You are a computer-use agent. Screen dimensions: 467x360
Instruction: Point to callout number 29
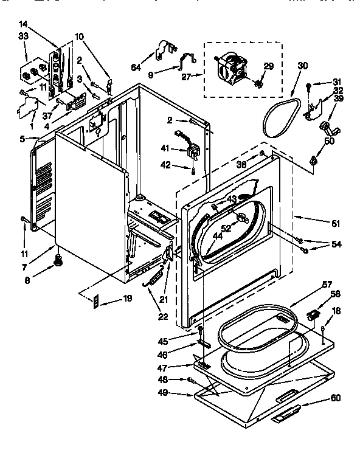point(268,66)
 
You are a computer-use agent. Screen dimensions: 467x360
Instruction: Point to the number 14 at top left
point(23,24)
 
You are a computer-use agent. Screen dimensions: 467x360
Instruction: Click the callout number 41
point(165,148)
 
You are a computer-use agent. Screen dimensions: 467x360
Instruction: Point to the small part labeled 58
point(314,315)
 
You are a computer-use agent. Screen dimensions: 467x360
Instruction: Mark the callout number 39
point(339,99)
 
